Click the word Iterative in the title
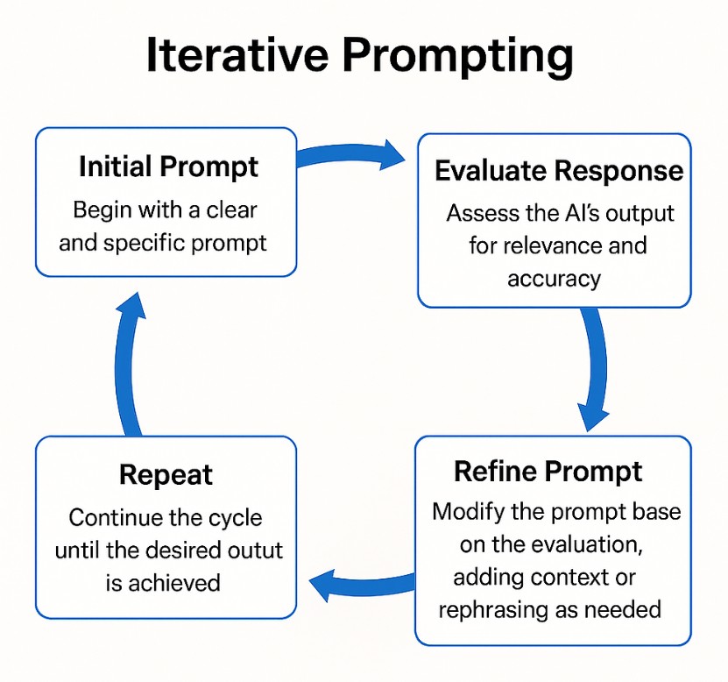point(237,55)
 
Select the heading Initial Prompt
point(168,167)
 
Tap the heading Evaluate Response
point(559,171)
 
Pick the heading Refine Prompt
point(548,472)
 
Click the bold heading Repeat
point(166,476)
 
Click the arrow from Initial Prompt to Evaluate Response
point(350,154)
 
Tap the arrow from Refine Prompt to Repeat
point(362,584)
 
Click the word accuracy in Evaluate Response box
point(555,280)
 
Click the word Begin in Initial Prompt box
point(102,211)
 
